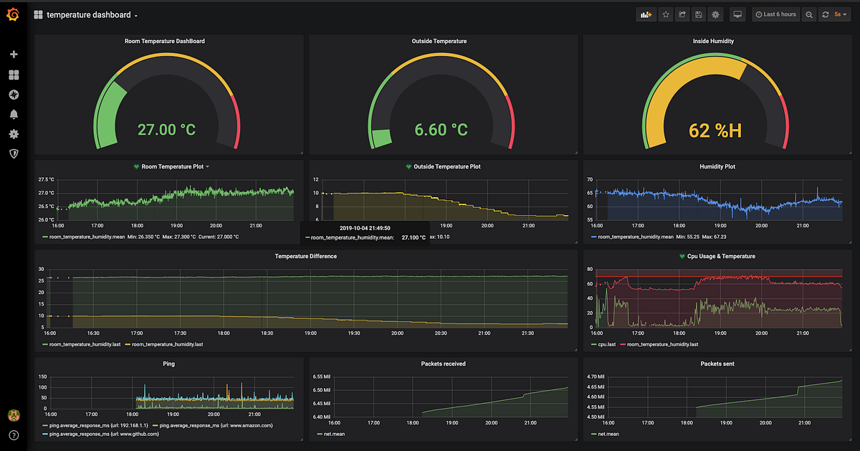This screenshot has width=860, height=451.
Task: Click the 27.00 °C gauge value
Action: point(166,130)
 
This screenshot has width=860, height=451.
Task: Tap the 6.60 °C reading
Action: point(441,130)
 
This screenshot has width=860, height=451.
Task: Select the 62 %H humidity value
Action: point(715,130)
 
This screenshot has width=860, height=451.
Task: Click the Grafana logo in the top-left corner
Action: point(13,14)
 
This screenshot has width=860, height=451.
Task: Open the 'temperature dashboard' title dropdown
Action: point(92,15)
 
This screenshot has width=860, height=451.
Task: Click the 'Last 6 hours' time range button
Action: point(775,14)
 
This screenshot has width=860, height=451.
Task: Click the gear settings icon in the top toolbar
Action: point(715,14)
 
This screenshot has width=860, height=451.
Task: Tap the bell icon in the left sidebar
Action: point(14,114)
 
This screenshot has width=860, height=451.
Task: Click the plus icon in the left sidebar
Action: point(14,54)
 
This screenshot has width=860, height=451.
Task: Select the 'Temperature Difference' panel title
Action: point(305,256)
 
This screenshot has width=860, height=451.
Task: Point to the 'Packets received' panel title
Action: point(443,364)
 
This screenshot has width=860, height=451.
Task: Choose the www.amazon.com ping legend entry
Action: point(216,425)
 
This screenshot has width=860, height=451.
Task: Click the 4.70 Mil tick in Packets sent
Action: point(596,376)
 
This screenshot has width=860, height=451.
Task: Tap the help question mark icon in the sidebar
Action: point(14,435)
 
